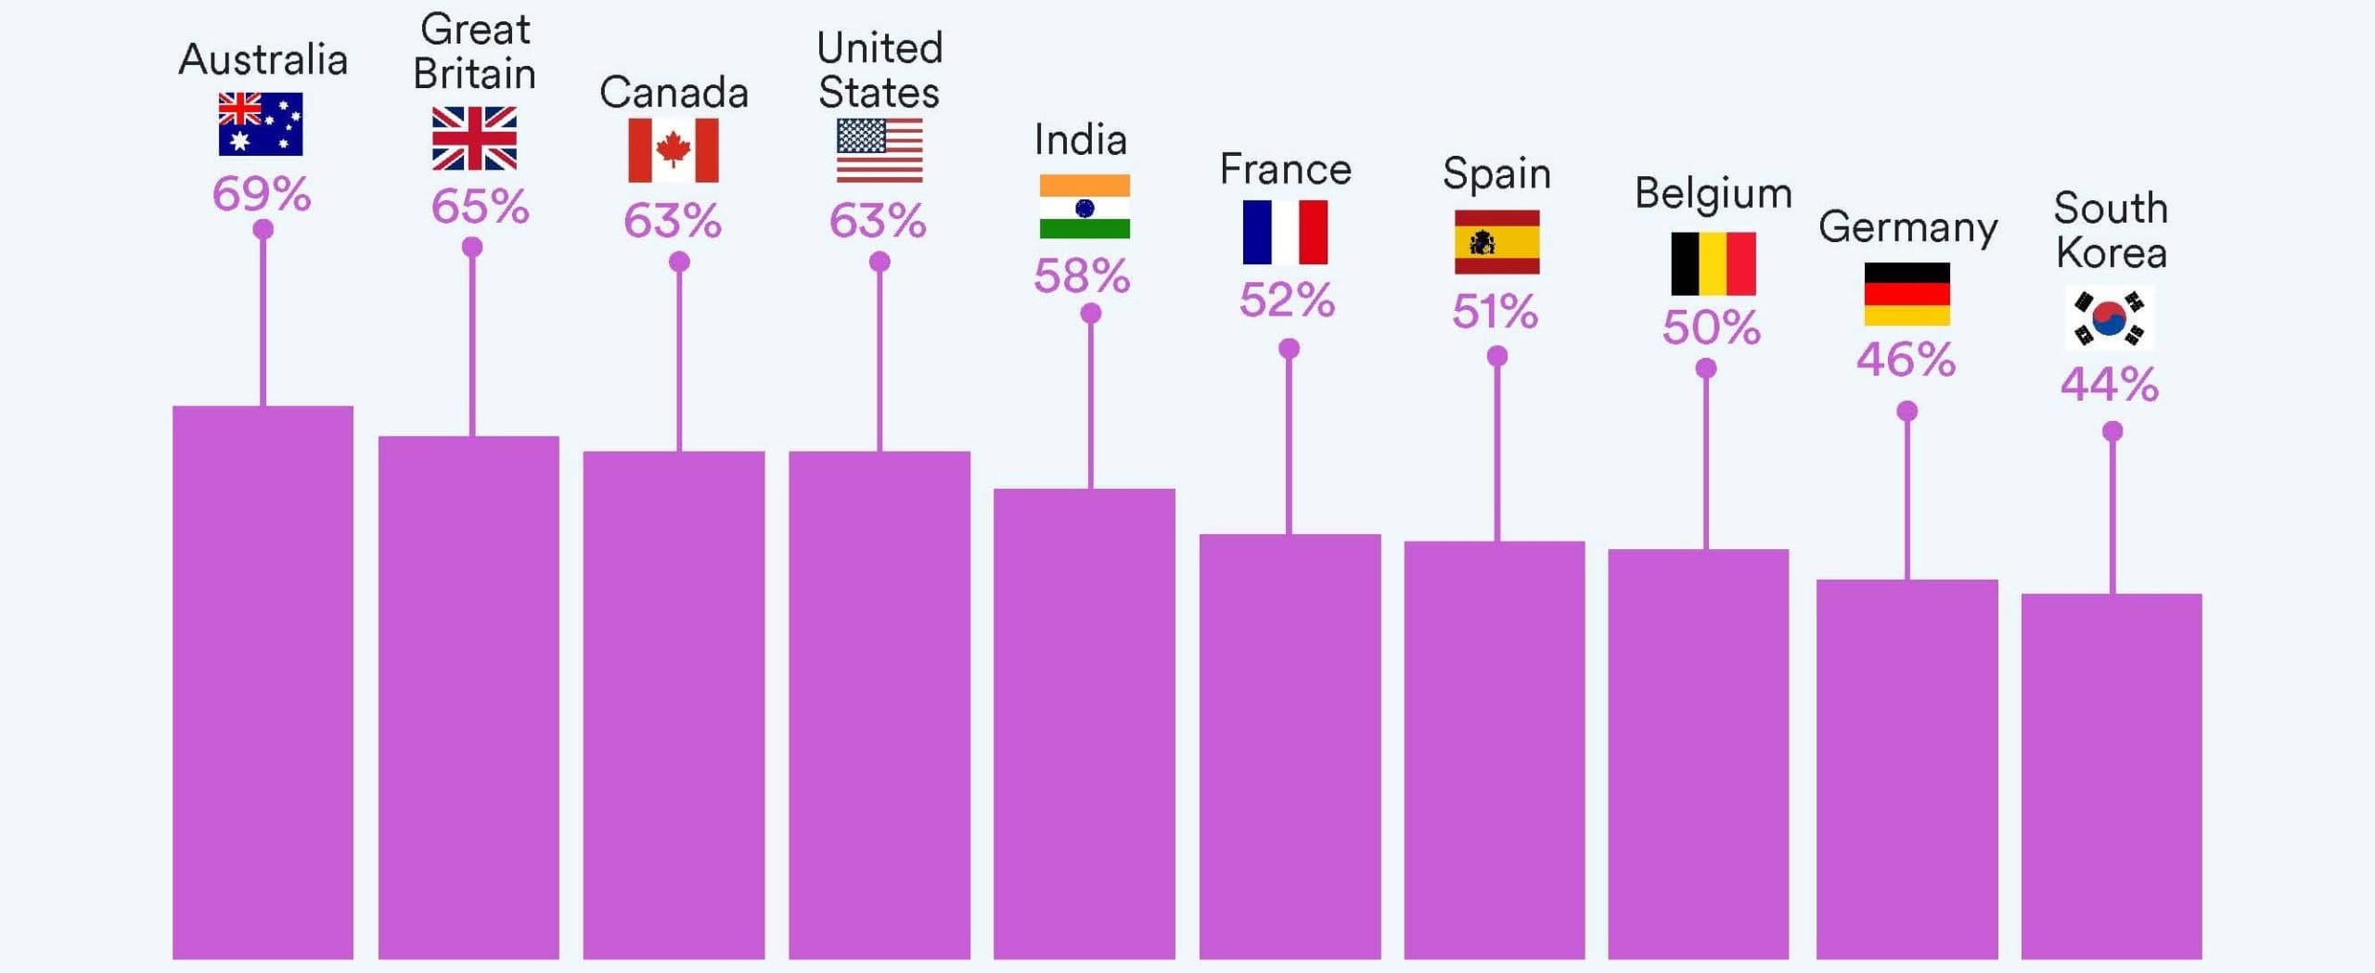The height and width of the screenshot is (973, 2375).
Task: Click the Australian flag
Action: click(260, 123)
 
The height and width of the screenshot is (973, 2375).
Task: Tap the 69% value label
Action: click(262, 194)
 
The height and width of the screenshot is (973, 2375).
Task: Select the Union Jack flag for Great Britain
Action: click(474, 138)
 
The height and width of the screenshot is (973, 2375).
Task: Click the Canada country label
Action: click(674, 93)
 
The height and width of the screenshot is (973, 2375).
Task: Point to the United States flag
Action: click(879, 150)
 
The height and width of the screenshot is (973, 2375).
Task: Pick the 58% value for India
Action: click(1082, 275)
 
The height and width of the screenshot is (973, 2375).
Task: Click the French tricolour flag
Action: click(1285, 232)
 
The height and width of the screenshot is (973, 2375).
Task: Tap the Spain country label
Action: click(1496, 173)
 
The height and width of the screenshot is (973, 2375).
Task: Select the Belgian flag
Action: click(1714, 263)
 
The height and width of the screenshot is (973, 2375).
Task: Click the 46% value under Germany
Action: click(1906, 359)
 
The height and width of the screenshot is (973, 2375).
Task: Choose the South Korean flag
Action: click(2110, 318)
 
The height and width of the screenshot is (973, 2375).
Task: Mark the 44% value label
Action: click(2110, 384)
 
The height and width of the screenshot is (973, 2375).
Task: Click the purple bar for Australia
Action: click(263, 682)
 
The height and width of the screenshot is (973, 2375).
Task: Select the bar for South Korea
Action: click(2112, 775)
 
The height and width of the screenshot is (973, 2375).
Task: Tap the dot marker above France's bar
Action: click(1289, 349)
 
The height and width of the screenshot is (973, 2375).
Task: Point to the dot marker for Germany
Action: click(1906, 411)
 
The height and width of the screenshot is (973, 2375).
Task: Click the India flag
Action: click(1085, 207)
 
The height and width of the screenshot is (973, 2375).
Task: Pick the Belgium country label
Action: click(1713, 195)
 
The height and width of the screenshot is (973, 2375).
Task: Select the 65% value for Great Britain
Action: click(480, 207)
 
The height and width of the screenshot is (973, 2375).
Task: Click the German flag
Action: click(1906, 294)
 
